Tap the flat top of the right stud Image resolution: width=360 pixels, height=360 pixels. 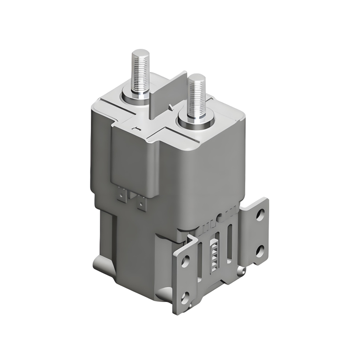pyautogui.click(x=197, y=77)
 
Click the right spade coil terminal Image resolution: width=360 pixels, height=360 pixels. pyautogui.click(x=142, y=203)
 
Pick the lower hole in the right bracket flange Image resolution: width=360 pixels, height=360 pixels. pyautogui.click(x=259, y=249)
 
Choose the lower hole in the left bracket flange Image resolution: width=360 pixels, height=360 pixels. pyautogui.click(x=184, y=297)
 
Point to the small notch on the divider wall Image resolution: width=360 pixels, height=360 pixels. pyautogui.click(x=170, y=106)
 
